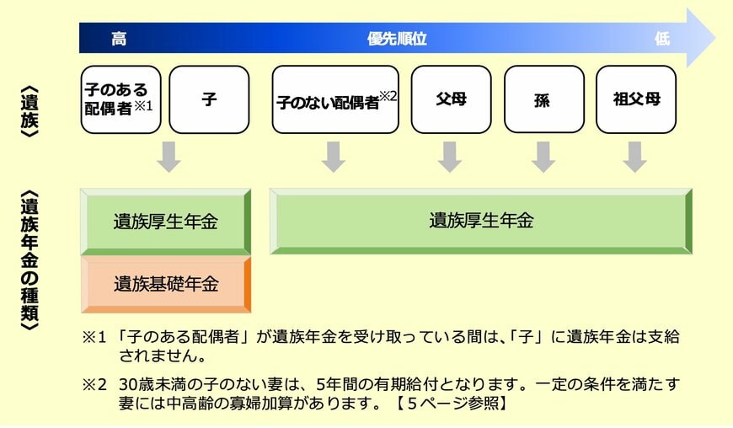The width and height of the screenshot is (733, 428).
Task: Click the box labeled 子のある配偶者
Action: point(120,99)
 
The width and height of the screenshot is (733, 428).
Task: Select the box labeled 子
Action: point(209,99)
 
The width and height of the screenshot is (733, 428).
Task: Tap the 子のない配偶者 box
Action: point(335,99)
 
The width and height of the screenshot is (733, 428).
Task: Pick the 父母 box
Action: point(451,99)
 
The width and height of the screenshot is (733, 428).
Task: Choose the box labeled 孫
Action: point(543,99)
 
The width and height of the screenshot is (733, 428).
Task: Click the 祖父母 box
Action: point(635,99)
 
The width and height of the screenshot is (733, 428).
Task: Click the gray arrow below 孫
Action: point(543,157)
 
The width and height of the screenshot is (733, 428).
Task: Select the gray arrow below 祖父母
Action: point(635,157)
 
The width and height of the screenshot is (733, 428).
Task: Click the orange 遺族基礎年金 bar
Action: point(166,284)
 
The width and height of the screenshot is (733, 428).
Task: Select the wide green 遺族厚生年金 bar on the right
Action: point(481,221)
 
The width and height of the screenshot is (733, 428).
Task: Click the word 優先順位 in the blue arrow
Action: point(397,39)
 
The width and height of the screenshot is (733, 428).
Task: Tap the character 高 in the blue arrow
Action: point(119,39)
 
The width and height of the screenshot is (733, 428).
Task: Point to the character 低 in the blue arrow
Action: point(661,39)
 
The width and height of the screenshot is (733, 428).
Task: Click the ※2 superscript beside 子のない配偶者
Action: point(388,96)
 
